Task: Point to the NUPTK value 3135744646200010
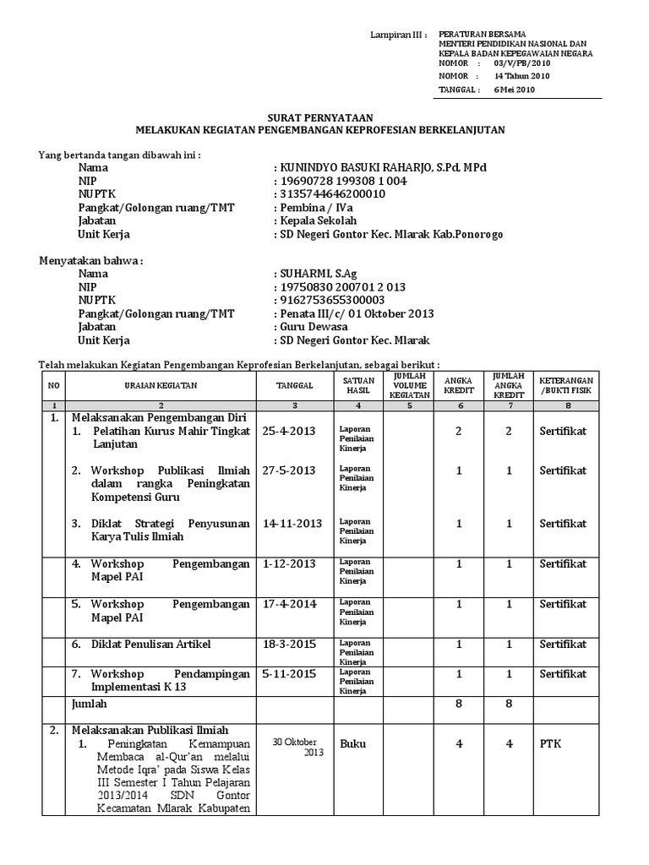click(x=332, y=194)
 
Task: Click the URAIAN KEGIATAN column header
click(x=161, y=385)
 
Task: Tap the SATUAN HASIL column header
click(x=352, y=385)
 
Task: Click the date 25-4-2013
click(x=288, y=431)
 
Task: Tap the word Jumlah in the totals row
click(x=90, y=702)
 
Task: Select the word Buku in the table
click(x=352, y=744)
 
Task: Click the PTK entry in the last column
click(x=551, y=744)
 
